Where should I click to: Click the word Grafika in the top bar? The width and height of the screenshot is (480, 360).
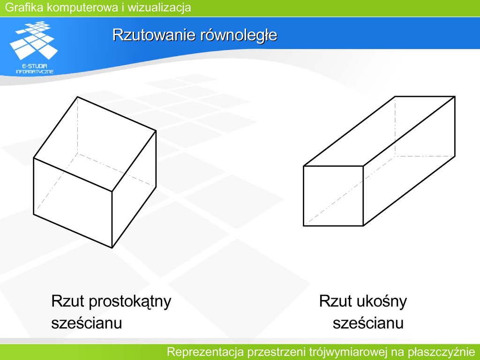(24, 7)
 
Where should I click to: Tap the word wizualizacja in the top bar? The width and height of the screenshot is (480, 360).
(159, 7)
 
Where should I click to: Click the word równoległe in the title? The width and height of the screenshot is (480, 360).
(239, 35)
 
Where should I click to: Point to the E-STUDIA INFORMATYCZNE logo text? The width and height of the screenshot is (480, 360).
(35, 69)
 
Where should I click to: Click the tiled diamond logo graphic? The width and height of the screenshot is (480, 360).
(34, 40)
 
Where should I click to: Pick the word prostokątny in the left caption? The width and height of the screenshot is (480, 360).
(130, 302)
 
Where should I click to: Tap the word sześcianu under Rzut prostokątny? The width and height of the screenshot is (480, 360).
(87, 323)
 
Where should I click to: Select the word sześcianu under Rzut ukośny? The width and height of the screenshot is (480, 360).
(368, 323)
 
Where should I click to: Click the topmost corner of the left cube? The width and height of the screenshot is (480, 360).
(77, 97)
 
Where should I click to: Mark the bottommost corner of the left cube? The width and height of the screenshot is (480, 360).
(112, 247)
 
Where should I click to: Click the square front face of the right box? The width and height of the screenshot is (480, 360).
(333, 196)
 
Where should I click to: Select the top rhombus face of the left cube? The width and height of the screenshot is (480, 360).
(95, 144)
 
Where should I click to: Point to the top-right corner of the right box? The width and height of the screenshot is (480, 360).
(455, 97)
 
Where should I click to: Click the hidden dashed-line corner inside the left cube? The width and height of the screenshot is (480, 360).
(77, 153)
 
